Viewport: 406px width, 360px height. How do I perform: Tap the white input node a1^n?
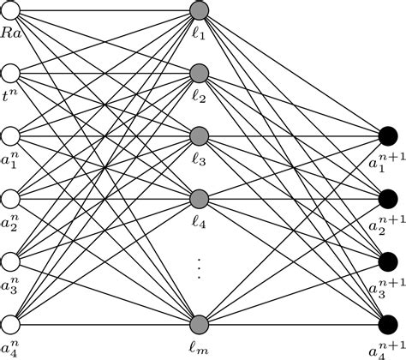[11, 136]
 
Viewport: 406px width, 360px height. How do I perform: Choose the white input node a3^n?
[11, 261]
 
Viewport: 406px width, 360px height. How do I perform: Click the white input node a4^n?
[11, 324]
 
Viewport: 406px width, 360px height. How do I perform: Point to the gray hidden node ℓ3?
[200, 136]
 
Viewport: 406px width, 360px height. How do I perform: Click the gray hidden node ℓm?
[200, 324]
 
